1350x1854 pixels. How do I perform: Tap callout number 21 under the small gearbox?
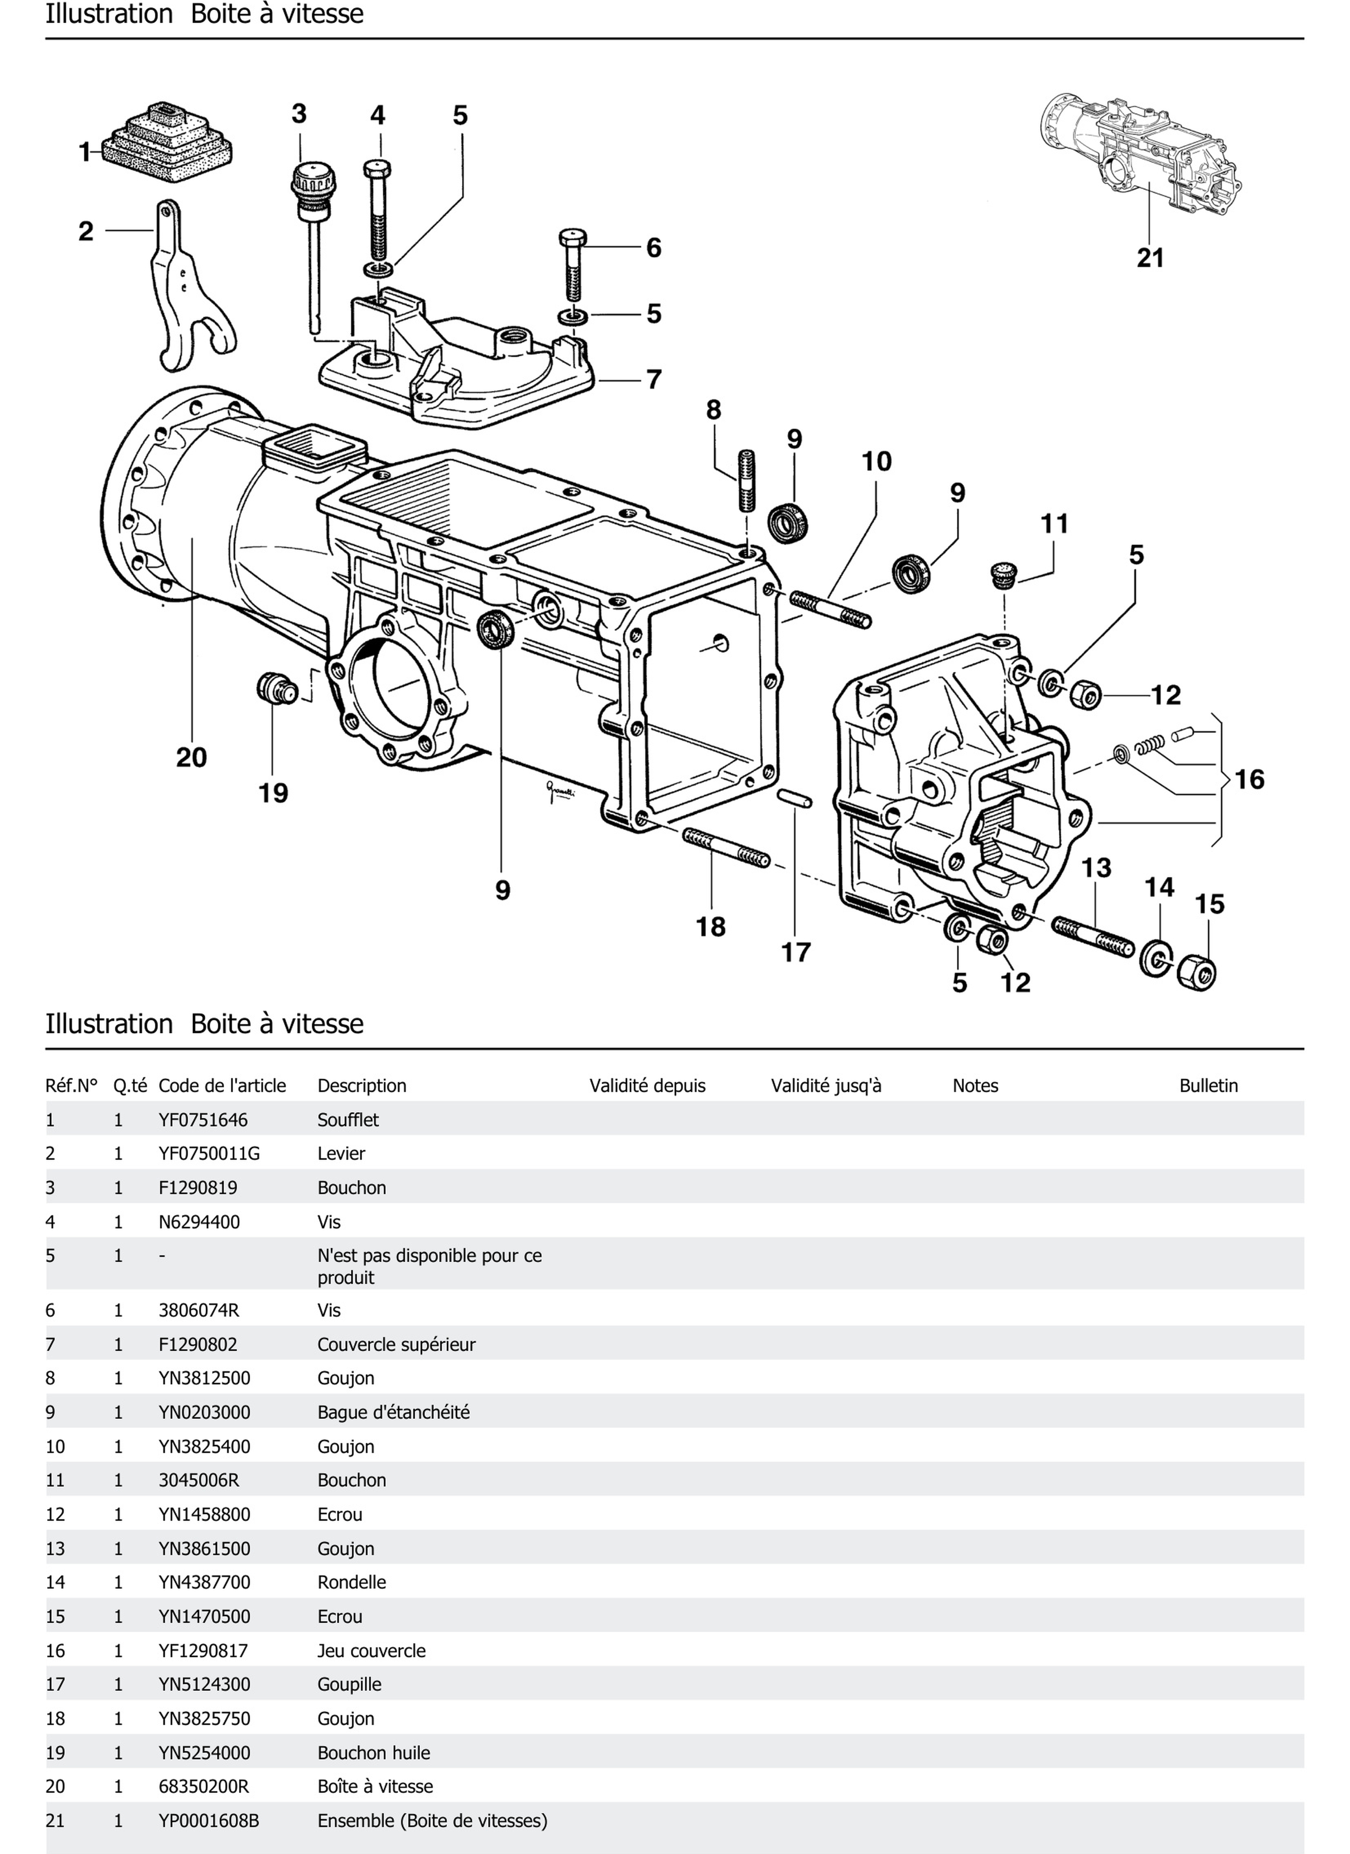click(x=1150, y=258)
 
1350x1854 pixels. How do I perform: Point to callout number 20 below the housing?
click(x=191, y=758)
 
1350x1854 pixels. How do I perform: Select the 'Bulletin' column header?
click(x=1208, y=1085)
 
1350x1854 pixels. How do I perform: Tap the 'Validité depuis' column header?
click(x=647, y=1085)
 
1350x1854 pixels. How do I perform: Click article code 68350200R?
click(x=203, y=1786)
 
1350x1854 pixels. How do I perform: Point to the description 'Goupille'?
click(x=349, y=1684)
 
